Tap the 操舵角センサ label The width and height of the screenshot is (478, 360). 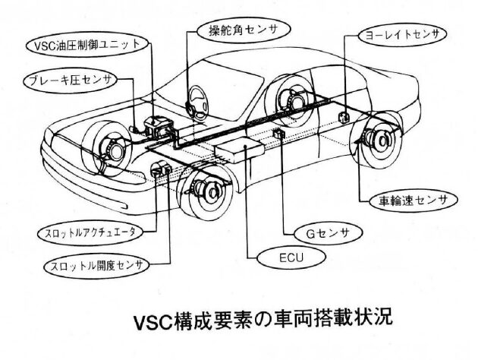click(237, 31)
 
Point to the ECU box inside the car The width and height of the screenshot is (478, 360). click(242, 150)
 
